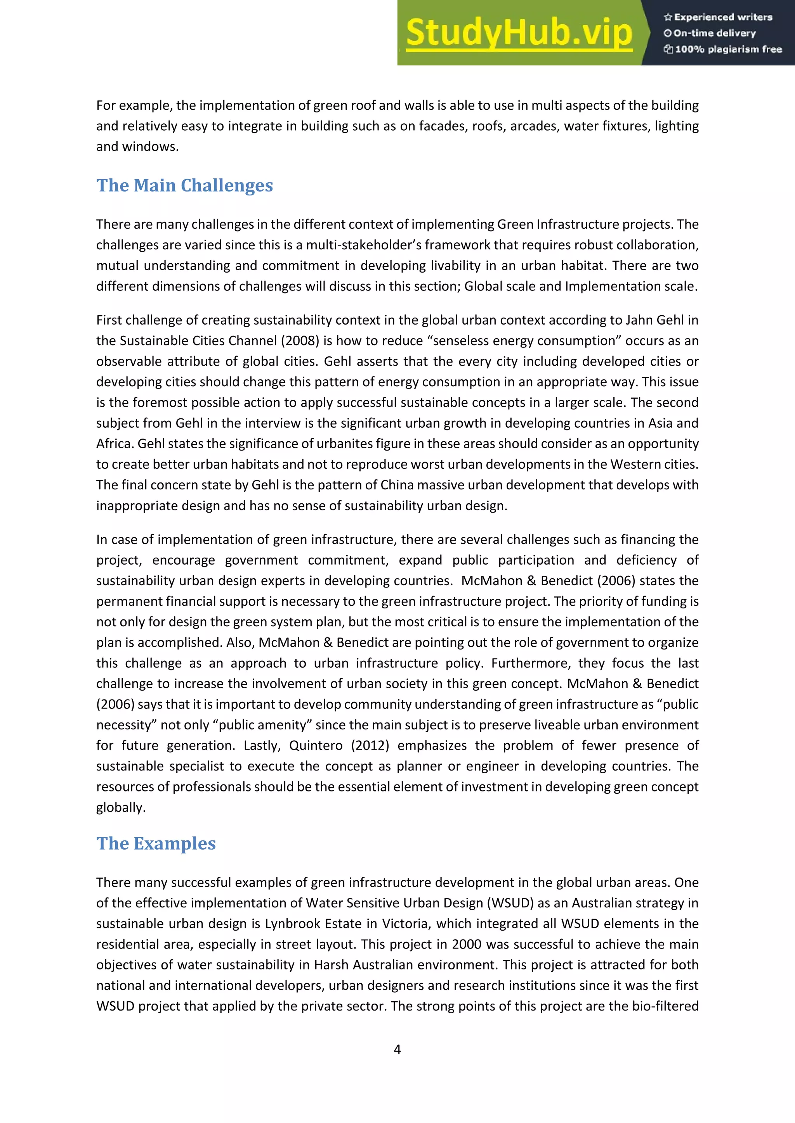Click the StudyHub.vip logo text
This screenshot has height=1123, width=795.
[519, 33]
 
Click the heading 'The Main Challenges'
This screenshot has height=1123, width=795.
[184, 185]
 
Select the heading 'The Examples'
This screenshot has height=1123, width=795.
[156, 843]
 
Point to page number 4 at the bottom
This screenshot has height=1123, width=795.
[397, 1049]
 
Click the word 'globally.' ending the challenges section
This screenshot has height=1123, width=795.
[121, 807]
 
